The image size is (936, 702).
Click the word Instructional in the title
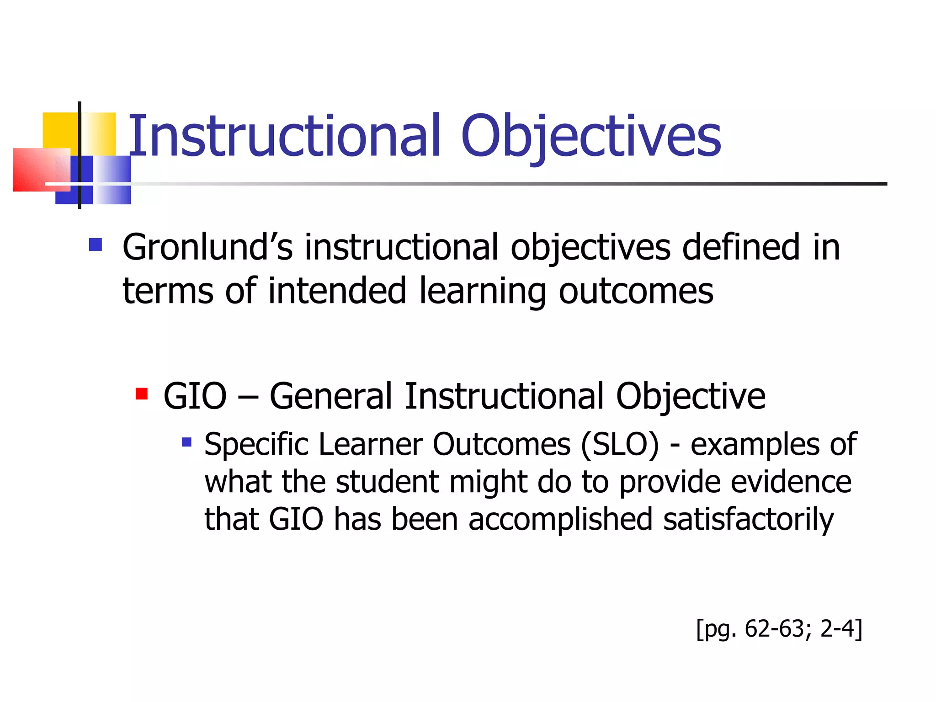[x=283, y=136]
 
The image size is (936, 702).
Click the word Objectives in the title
[x=590, y=136]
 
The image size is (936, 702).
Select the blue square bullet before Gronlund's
[x=95, y=245]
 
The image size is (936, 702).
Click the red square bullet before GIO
[x=142, y=394]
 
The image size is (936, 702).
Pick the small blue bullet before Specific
[x=186, y=442]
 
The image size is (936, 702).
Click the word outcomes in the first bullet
[x=636, y=291]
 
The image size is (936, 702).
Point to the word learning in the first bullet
[x=482, y=291]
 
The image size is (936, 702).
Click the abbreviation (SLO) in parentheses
[x=620, y=444]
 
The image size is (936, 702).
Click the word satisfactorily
[x=748, y=520]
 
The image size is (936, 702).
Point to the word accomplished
[x=560, y=520]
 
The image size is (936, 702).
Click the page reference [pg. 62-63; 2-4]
[x=779, y=629]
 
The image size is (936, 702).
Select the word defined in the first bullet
[x=740, y=247]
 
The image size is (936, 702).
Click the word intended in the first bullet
[x=337, y=291]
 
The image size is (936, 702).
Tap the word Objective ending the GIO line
[x=690, y=396]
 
